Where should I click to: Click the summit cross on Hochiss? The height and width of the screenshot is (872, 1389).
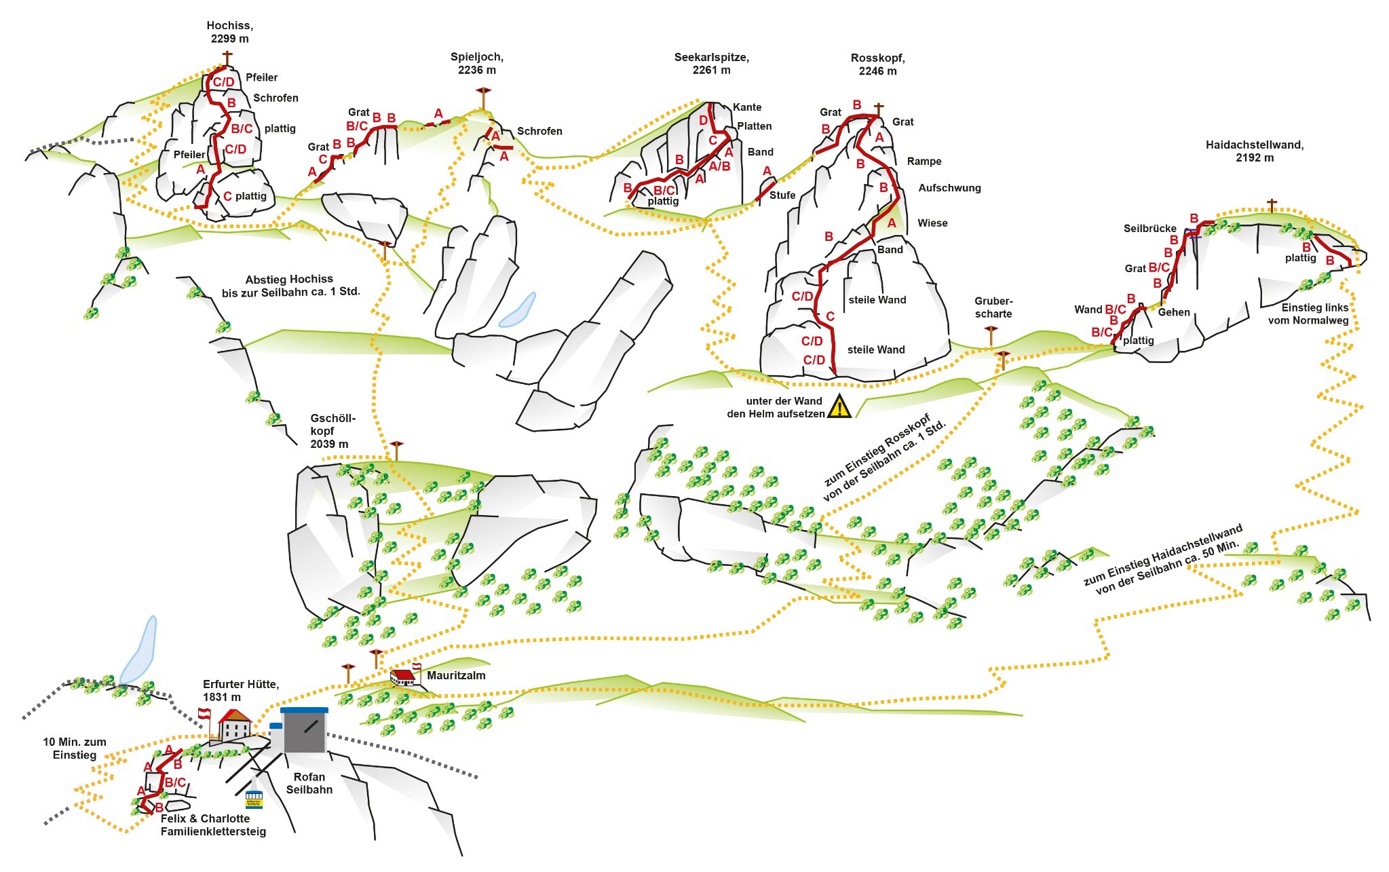click(227, 57)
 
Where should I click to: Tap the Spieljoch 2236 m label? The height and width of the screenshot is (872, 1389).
click(476, 63)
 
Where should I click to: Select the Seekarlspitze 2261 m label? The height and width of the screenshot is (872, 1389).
click(711, 63)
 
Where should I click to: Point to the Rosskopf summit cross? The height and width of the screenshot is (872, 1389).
click(879, 109)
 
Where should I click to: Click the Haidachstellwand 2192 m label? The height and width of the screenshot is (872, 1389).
click(1254, 151)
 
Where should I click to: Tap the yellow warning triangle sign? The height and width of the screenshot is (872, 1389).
click(840, 406)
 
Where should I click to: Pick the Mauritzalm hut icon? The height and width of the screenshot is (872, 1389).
click(403, 677)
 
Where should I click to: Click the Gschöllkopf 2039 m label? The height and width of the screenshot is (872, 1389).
click(330, 431)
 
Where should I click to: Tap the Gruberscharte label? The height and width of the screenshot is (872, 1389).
click(993, 307)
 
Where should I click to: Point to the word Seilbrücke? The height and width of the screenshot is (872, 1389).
click(1149, 229)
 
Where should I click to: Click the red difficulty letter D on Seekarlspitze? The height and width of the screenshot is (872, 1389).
click(703, 121)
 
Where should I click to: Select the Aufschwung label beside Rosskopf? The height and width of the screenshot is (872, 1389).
click(949, 188)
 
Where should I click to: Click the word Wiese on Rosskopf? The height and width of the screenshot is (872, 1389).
click(932, 223)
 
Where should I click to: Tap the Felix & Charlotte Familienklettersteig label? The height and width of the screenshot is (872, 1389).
click(213, 825)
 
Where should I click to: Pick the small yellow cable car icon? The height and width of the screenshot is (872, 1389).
click(254, 799)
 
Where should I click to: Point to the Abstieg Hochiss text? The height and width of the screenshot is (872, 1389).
click(290, 286)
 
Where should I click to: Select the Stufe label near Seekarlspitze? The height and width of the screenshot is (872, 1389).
click(782, 195)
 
